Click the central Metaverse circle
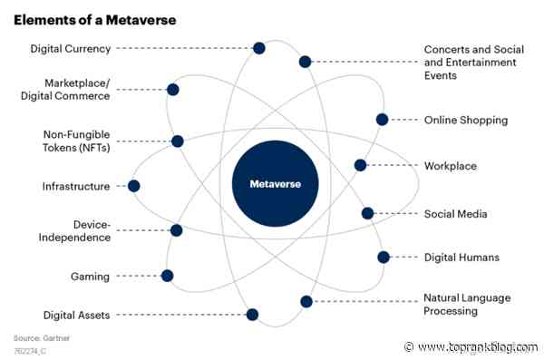[275, 184]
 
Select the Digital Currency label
[71, 48]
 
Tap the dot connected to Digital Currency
[259, 48]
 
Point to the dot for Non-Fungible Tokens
[178, 141]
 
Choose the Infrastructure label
[76, 186]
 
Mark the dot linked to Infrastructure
[134, 186]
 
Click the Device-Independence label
[79, 231]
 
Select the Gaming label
[90, 276]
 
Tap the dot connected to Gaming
[167, 276]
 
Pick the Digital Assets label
[77, 315]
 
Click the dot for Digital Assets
[252, 315]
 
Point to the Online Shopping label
[466, 120]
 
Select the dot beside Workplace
[360, 165]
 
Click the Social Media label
[456, 214]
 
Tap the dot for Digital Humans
[383, 258]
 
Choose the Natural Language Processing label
[467, 304]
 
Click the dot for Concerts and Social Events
[306, 62]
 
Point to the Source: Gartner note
[41, 337]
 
